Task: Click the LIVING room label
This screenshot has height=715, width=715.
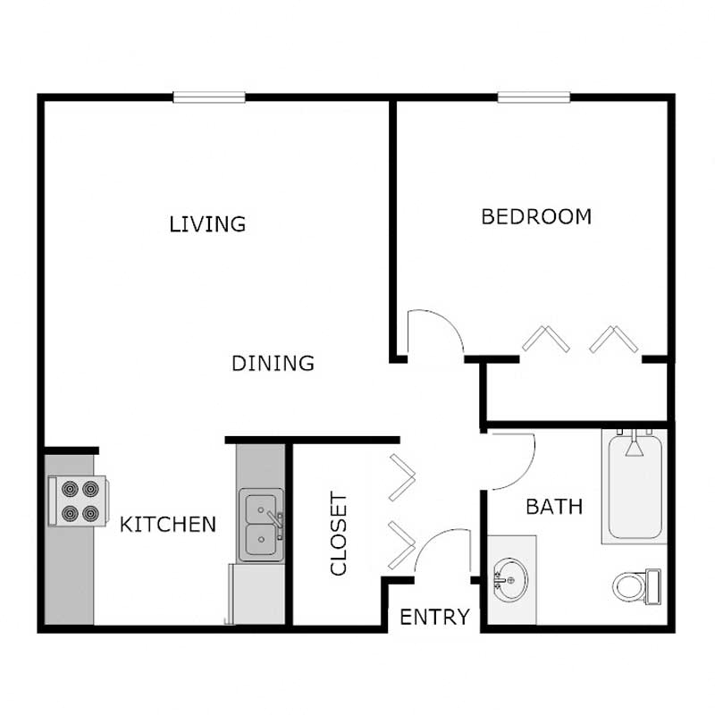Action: [x=207, y=223]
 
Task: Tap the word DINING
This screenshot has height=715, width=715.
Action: [x=273, y=364]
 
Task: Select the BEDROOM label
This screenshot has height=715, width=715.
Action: [x=536, y=216]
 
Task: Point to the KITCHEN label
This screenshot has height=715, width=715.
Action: [x=168, y=524]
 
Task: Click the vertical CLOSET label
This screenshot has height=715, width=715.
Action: [x=339, y=534]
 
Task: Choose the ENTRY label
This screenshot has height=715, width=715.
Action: [x=434, y=617]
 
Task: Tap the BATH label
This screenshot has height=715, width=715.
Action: [x=554, y=507]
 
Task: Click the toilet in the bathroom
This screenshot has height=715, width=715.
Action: [x=635, y=586]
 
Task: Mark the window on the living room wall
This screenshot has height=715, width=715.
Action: [x=209, y=97]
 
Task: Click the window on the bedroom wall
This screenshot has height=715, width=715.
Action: [x=534, y=97]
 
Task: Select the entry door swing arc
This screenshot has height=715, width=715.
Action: [x=443, y=551]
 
